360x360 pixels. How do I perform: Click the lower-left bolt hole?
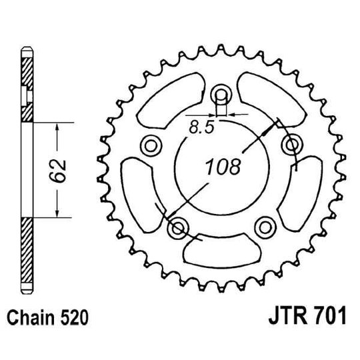click(x=178, y=229)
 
